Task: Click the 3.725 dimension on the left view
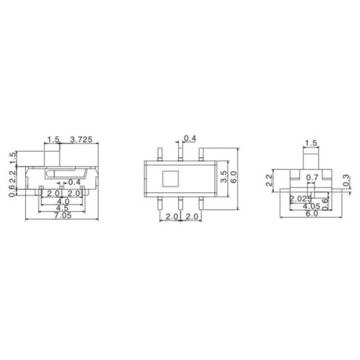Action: tap(81, 139)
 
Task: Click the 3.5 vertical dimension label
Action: tap(224, 176)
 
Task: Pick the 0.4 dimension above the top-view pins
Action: tap(190, 139)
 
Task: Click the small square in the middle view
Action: tap(170, 178)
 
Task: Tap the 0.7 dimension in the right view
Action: tap(312, 178)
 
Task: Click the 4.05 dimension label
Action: tap(310, 206)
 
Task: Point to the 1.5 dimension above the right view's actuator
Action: tap(311, 143)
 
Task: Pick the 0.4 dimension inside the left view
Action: tap(74, 182)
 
